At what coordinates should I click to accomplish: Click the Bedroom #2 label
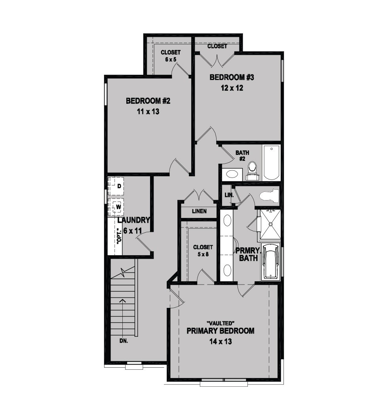148,101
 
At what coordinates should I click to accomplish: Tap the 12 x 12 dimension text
232,88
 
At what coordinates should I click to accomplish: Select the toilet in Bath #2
252,171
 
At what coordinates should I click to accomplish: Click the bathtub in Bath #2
271,162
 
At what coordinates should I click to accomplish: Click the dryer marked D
116,186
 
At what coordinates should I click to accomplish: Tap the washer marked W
116,207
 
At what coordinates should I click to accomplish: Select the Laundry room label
133,220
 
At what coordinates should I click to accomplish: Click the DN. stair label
124,341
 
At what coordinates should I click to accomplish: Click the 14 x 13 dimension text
221,342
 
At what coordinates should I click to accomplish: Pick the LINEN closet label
200,211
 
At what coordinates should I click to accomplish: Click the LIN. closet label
229,195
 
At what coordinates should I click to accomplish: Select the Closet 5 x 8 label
203,250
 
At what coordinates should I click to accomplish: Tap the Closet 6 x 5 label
171,56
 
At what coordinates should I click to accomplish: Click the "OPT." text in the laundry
119,236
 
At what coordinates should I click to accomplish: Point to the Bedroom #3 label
232,77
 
